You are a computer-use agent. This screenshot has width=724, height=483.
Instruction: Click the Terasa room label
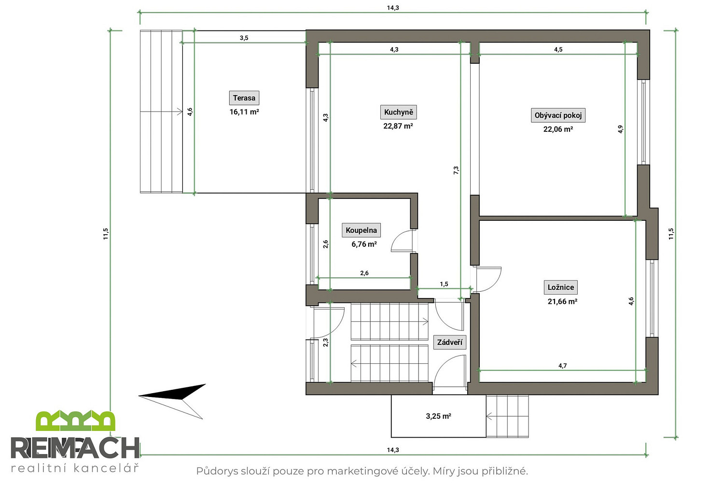(244, 98)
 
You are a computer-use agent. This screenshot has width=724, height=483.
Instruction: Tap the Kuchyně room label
(398, 112)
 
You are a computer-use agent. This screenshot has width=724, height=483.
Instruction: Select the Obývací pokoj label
(558, 115)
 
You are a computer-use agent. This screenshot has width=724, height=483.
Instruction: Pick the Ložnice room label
(560, 287)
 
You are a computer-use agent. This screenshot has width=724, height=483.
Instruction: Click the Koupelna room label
(361, 230)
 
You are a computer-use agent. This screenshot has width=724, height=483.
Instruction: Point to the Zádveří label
(449, 342)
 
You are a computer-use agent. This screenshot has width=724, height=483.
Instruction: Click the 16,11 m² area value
(244, 112)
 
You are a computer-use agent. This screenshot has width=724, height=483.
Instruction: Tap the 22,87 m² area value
(398, 126)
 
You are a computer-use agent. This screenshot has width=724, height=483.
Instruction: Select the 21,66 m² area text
(562, 301)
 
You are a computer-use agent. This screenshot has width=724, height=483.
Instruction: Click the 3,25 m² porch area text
(438, 416)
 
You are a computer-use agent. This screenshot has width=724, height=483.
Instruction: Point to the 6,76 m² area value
(364, 244)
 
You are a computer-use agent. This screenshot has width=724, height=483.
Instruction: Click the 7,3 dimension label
(456, 170)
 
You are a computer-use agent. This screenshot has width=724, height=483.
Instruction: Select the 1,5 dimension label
(444, 284)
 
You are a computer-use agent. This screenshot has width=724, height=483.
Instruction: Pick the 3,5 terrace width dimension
(244, 38)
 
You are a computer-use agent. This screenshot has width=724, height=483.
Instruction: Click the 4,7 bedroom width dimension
(562, 366)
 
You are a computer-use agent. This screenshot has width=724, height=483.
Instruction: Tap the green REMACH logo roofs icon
(75, 421)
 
